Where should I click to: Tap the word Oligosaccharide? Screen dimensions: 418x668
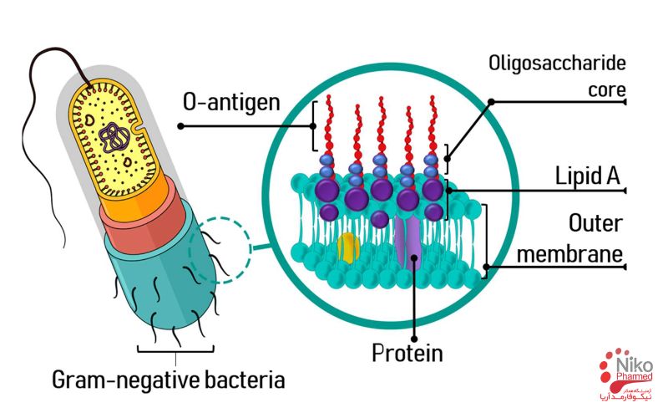[x=556, y=63]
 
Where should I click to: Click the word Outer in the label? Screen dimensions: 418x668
[x=596, y=224]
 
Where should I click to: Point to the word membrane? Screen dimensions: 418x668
[x=570, y=252]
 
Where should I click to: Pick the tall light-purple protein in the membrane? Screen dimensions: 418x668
[x=412, y=242]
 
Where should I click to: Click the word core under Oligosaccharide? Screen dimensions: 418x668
[x=606, y=89]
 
